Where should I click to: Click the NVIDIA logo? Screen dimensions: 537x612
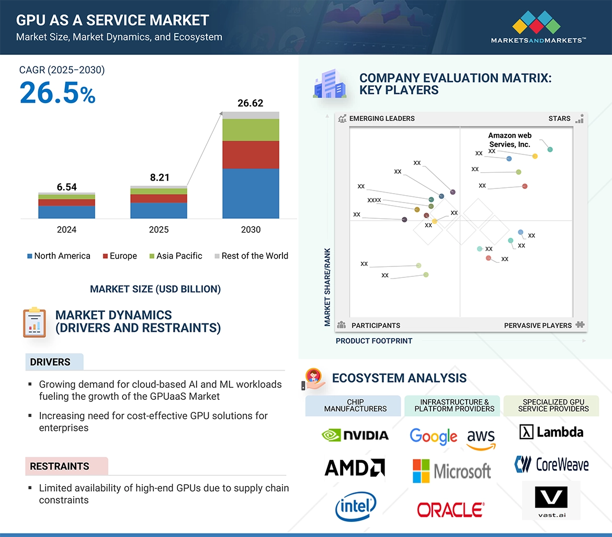pyautogui.click(x=355, y=435)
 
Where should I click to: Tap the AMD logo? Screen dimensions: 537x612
pyautogui.click(x=355, y=467)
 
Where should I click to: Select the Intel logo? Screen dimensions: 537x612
pyautogui.click(x=356, y=507)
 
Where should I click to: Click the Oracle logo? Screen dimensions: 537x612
pyautogui.click(x=451, y=509)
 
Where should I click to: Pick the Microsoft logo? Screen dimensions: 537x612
pyautogui.click(x=452, y=471)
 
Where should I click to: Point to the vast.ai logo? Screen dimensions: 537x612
pyautogui.click(x=551, y=501)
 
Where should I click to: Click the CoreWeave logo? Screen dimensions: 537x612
pyautogui.click(x=551, y=464)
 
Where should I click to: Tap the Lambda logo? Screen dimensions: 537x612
pyautogui.click(x=551, y=432)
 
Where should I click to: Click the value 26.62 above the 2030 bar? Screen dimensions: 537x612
pyautogui.click(x=251, y=103)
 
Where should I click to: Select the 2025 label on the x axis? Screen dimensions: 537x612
pyautogui.click(x=158, y=229)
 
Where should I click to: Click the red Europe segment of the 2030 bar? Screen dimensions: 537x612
pyautogui.click(x=251, y=154)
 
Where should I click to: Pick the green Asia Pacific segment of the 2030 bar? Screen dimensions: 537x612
pyautogui.click(x=251, y=130)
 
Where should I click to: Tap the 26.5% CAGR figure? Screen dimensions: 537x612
pyautogui.click(x=58, y=93)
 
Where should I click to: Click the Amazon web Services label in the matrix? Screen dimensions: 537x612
pyautogui.click(x=509, y=140)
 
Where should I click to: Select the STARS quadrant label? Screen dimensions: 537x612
pyautogui.click(x=559, y=119)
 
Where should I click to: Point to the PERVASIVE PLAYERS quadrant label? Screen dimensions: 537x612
pyautogui.click(x=538, y=326)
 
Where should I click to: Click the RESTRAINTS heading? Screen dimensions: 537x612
pyautogui.click(x=60, y=466)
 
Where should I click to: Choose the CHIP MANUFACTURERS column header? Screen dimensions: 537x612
pyautogui.click(x=355, y=406)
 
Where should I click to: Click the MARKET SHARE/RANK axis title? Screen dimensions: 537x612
pyautogui.click(x=327, y=287)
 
